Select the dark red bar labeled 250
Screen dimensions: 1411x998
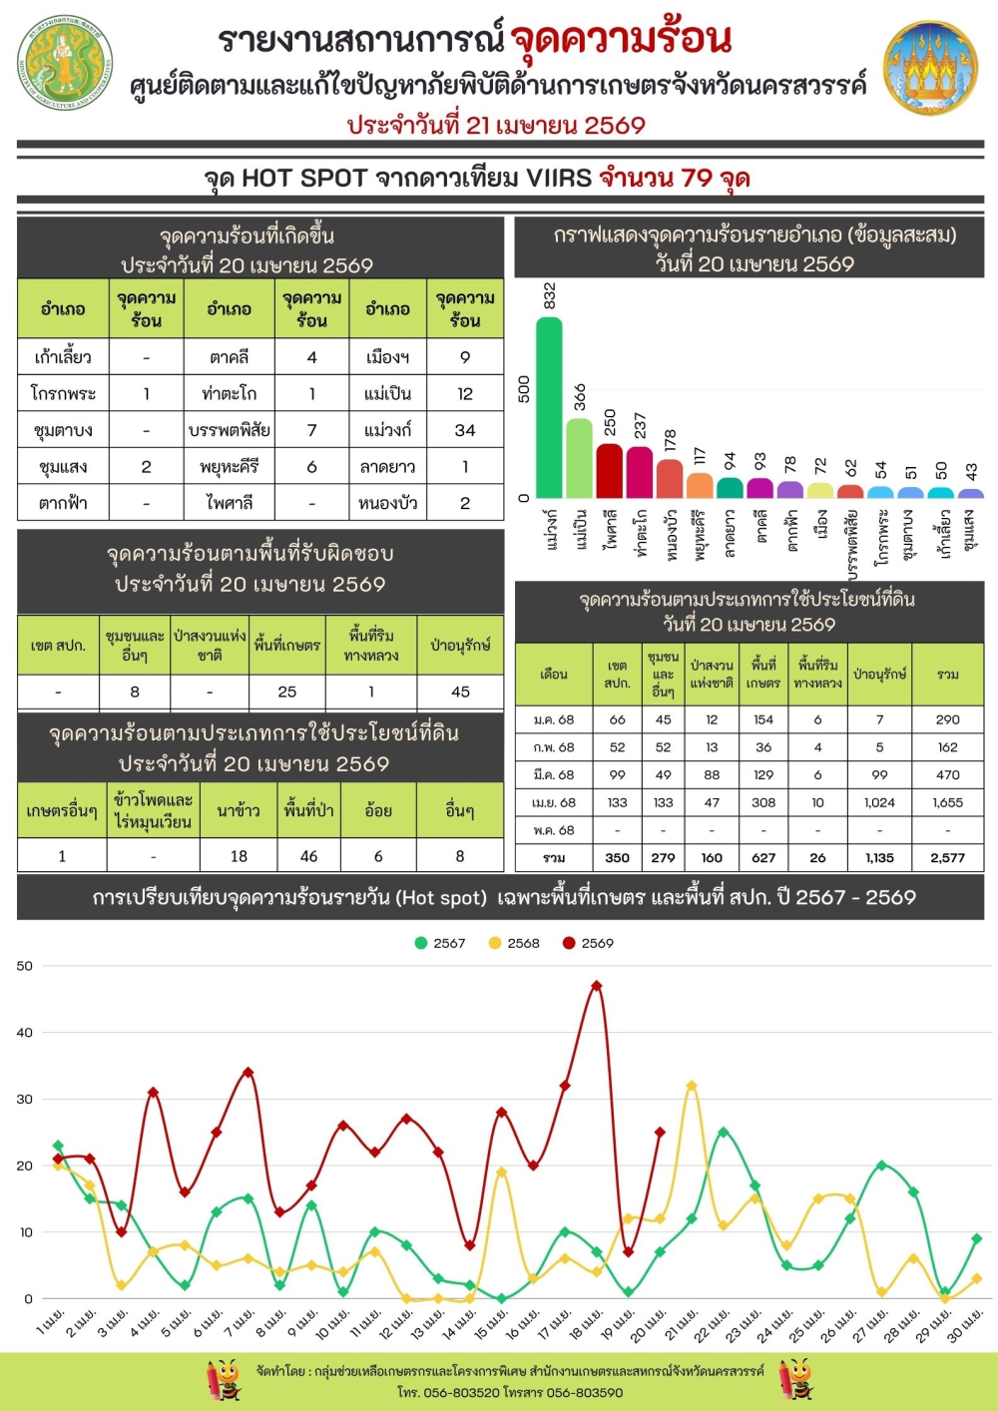(x=609, y=470)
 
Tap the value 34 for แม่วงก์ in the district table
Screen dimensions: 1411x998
(x=465, y=430)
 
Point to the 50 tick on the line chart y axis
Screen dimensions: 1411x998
(x=25, y=966)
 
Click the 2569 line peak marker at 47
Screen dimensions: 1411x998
(x=597, y=986)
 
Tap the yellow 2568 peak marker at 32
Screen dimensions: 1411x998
(x=692, y=1086)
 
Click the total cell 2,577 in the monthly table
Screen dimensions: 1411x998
(x=947, y=857)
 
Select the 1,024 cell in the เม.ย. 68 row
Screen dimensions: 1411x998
(x=879, y=802)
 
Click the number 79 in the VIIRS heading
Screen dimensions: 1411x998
(x=697, y=179)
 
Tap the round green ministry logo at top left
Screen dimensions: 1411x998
(x=65, y=62)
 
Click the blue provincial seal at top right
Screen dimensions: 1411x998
(x=930, y=67)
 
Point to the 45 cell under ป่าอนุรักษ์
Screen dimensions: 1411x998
(x=460, y=692)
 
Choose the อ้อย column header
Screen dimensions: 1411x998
(x=378, y=811)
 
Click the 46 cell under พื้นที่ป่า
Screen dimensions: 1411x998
(x=309, y=856)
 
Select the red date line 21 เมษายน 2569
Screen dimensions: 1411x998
(x=496, y=126)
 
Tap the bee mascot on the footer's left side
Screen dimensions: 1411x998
(x=224, y=1380)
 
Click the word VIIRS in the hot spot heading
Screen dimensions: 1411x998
(x=559, y=179)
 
